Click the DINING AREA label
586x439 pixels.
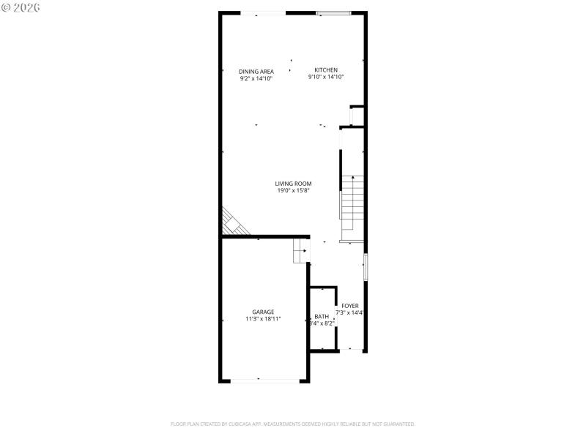coord(256,71)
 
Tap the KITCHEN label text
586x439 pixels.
coord(326,70)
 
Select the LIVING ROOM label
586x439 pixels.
coord(294,184)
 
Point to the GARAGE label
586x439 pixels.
coord(263,312)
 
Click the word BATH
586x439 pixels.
coord(322,316)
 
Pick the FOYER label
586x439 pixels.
coord(350,305)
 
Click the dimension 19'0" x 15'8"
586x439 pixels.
coord(294,191)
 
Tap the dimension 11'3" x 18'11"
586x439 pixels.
coord(263,319)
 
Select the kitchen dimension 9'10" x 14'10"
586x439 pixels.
coord(326,77)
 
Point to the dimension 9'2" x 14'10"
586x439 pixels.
coord(256,78)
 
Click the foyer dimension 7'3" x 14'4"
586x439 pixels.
coord(350,312)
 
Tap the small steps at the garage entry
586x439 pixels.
coord(300,250)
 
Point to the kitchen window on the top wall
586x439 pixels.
coord(333,12)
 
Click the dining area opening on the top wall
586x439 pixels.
coord(264,12)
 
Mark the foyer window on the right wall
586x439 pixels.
coord(366,266)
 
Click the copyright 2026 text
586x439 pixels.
coord(21,7)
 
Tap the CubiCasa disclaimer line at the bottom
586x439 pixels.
coord(293,424)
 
